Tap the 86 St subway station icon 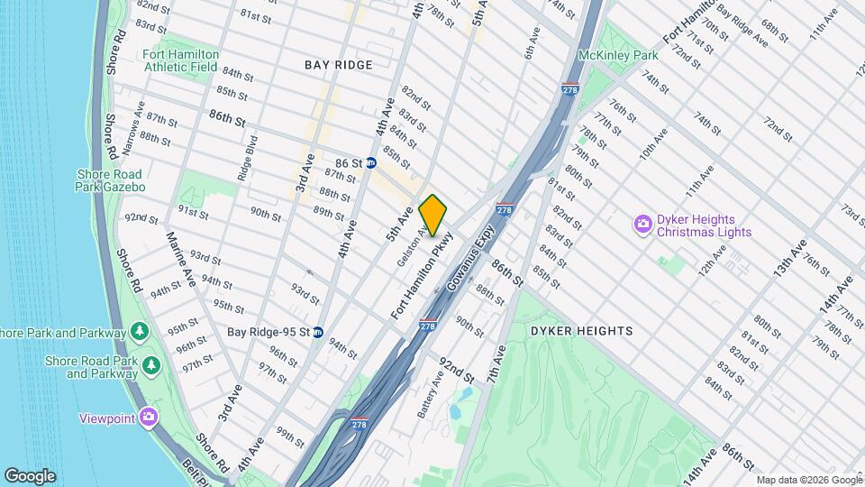[x=370, y=162]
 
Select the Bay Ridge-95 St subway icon [x=317, y=332]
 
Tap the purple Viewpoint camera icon [x=149, y=418]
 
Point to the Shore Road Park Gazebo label [x=112, y=180]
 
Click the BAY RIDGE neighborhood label [x=339, y=65]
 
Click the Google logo [x=30, y=476]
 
